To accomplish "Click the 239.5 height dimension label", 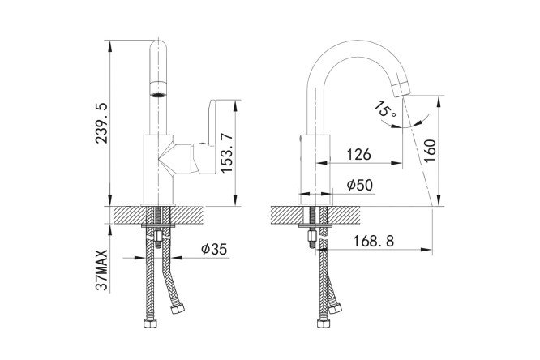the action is click(x=102, y=123).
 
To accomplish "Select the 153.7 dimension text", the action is click(x=227, y=153).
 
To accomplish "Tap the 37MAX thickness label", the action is click(x=102, y=271).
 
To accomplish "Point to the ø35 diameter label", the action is click(x=214, y=249).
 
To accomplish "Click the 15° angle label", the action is click(x=384, y=110).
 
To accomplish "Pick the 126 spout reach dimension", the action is click(x=358, y=155).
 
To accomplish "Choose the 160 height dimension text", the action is click(x=430, y=151).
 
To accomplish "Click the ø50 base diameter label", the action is click(x=360, y=185).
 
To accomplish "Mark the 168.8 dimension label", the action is click(x=374, y=241).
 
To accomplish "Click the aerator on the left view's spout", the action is click(x=158, y=88).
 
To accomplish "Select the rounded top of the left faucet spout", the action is click(x=158, y=46).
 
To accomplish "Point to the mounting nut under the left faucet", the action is click(x=158, y=236).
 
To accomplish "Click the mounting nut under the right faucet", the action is click(x=311, y=236).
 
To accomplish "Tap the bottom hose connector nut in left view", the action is click(x=151, y=324).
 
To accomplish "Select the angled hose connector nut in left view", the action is click(x=178, y=308).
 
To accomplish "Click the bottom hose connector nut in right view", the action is click(x=324, y=324).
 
